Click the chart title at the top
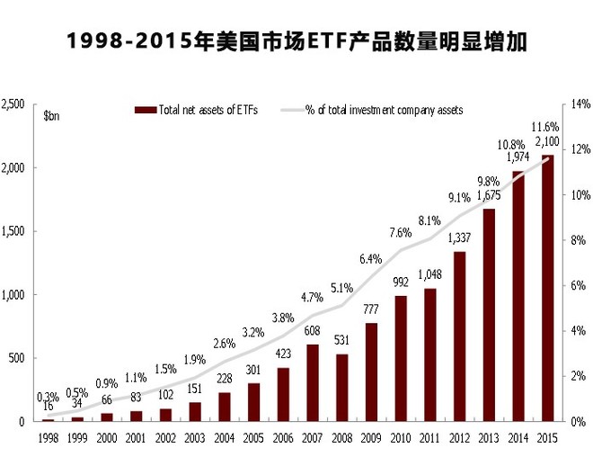(x=297, y=41)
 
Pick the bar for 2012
(x=460, y=336)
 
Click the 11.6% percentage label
(x=545, y=127)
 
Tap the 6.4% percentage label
(x=371, y=259)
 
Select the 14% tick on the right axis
(x=577, y=104)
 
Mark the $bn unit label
(x=52, y=115)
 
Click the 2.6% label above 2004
(x=225, y=343)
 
